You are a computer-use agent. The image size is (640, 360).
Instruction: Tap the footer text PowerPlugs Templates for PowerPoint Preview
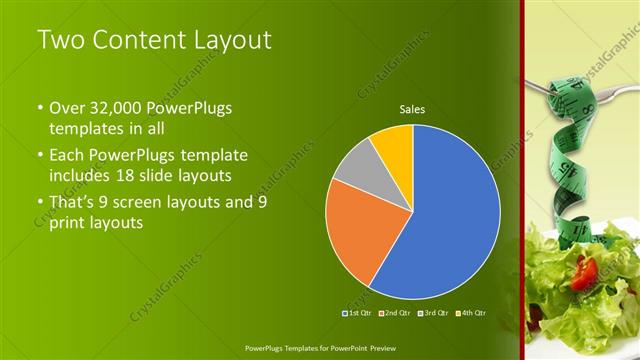point(320,347)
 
